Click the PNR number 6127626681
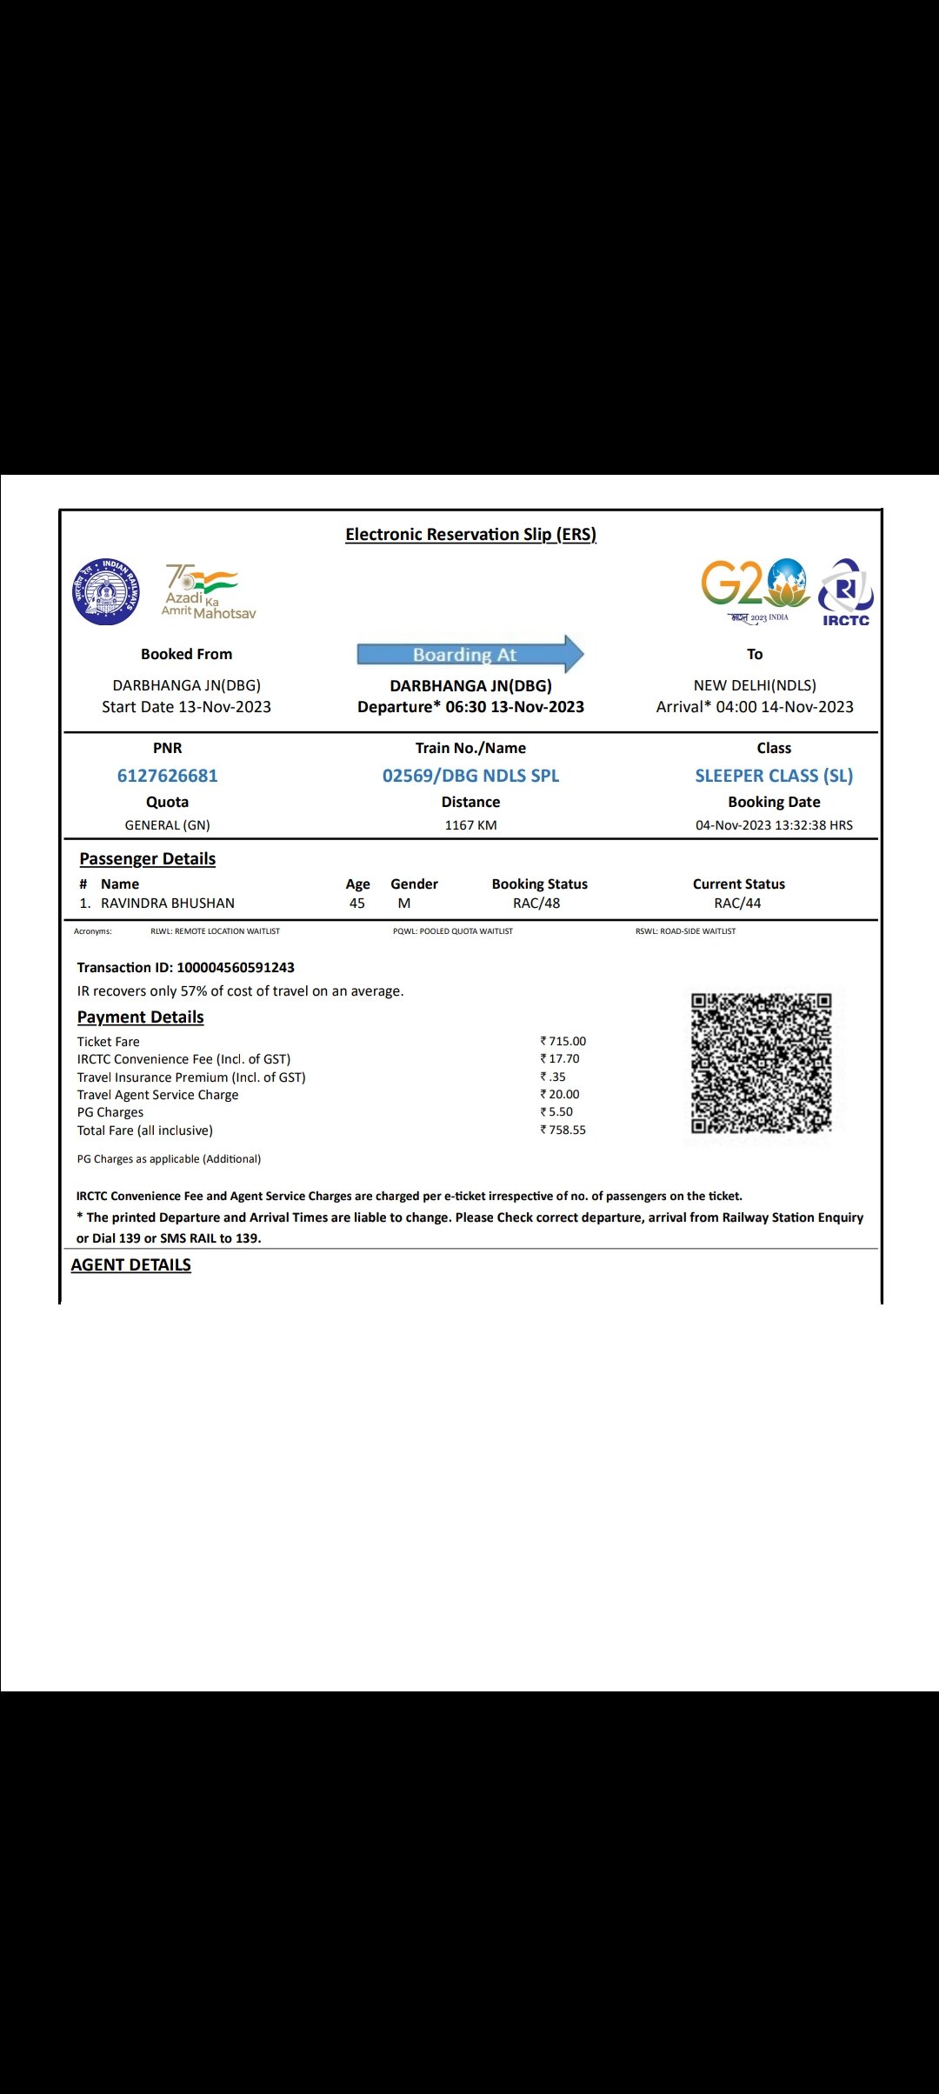(x=167, y=776)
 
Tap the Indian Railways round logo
(x=106, y=591)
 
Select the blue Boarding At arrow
(x=469, y=654)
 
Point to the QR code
(x=761, y=1063)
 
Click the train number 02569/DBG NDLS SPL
(x=470, y=776)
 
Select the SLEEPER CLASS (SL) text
(x=774, y=776)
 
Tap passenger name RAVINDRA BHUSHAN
(x=168, y=904)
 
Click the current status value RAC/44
(x=737, y=904)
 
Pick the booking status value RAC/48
(x=536, y=904)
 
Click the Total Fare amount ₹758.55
(x=563, y=1130)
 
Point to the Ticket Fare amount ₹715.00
(x=563, y=1041)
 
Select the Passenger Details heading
(x=148, y=859)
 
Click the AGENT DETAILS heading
(x=131, y=1265)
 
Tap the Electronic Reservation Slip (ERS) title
(x=470, y=535)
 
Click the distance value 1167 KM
(x=470, y=825)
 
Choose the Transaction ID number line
(x=186, y=968)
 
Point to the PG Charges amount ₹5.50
(x=557, y=1112)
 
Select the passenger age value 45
(x=357, y=904)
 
